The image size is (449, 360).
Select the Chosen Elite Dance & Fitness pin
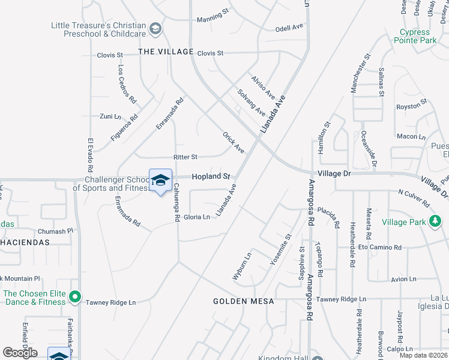tap(74, 296)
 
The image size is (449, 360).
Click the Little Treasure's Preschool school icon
tap(155, 29)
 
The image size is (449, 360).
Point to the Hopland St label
tap(211, 177)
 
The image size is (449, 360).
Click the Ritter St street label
tap(185, 157)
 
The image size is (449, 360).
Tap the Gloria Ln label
tap(197, 217)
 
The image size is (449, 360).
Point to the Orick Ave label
tap(234, 143)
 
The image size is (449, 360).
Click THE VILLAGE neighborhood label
tap(166, 52)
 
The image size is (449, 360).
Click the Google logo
tap(20, 353)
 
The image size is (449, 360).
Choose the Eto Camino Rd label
tap(380, 247)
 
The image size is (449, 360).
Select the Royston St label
tap(411, 107)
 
